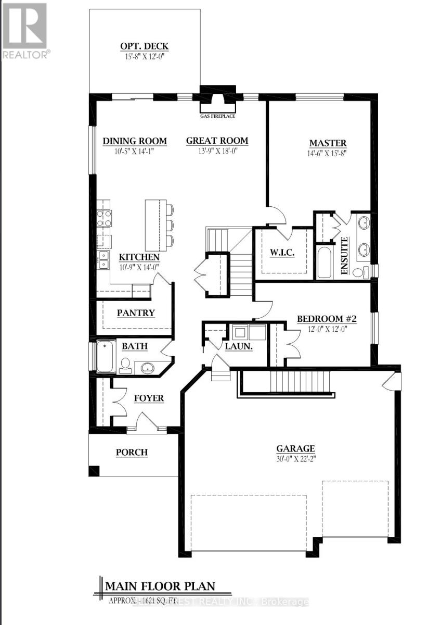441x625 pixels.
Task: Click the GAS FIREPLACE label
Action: (x=218, y=116)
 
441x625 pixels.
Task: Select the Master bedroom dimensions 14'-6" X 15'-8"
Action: (x=328, y=154)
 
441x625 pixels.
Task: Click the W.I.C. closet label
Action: (x=282, y=253)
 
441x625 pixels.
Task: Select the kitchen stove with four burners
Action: (x=103, y=217)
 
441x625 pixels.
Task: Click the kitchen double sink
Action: (x=103, y=259)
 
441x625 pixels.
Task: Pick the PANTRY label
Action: (x=136, y=313)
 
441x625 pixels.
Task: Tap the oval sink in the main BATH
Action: (x=148, y=368)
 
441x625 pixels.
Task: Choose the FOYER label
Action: (x=149, y=398)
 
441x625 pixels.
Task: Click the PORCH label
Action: (x=132, y=452)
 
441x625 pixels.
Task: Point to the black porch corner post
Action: (x=94, y=470)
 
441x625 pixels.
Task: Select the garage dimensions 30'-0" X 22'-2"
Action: (x=295, y=458)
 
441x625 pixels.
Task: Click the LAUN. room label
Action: (x=239, y=346)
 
